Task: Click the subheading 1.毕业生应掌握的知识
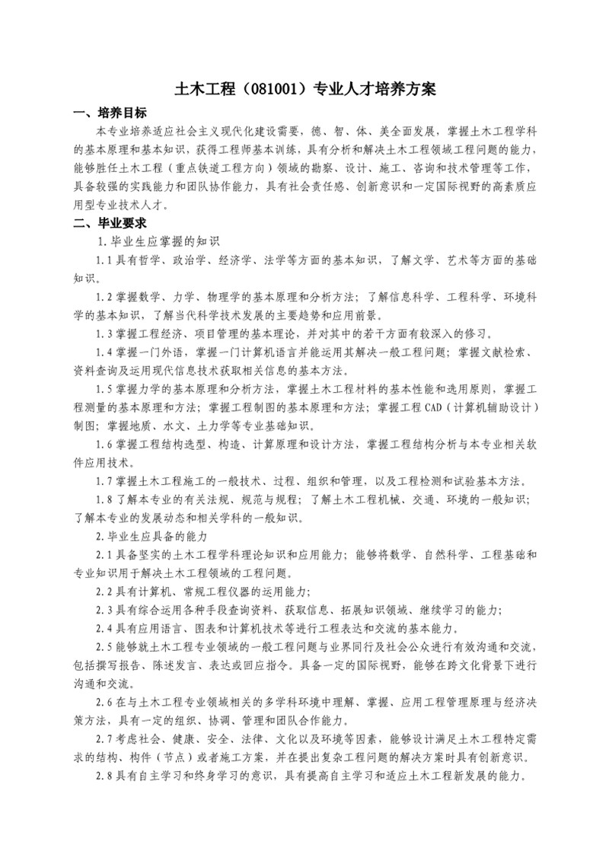tap(158, 242)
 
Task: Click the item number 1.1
tap(104, 260)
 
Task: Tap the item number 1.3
tap(104, 333)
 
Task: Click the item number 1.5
tap(104, 388)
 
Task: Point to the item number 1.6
tap(104, 443)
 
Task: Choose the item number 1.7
tap(104, 480)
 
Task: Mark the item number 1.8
tap(104, 499)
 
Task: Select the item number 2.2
tap(104, 590)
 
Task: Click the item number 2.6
tap(104, 700)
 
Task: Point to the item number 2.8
tap(104, 774)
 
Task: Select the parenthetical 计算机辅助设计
tap(496, 407)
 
